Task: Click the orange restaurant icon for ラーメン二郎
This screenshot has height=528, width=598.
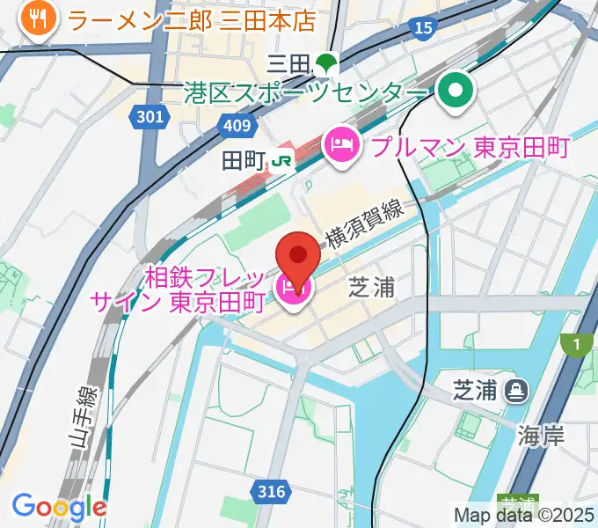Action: (37, 17)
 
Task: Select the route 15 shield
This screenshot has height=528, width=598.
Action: (424, 29)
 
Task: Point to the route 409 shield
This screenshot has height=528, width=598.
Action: (237, 127)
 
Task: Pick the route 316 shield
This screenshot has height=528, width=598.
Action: (273, 491)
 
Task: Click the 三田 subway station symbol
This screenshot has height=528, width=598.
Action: (327, 62)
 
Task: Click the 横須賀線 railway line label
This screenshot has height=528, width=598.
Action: (364, 224)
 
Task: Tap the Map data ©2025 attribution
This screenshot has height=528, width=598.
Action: (524, 515)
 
